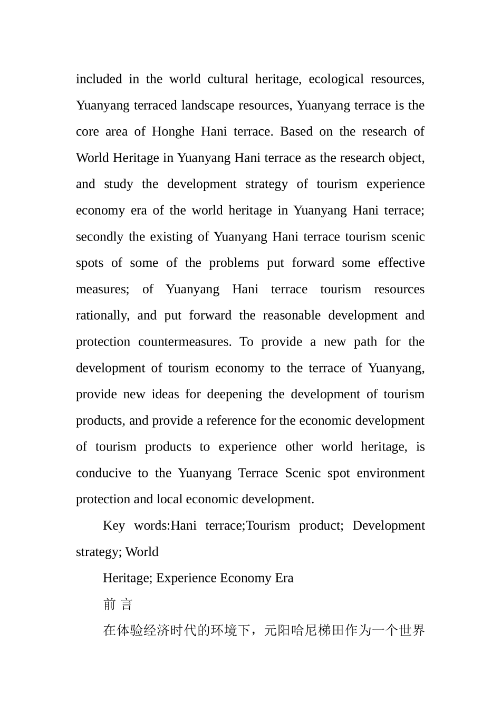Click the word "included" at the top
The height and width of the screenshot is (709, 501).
pyautogui.click(x=99, y=79)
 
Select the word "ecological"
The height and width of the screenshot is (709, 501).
pyautogui.click(x=336, y=79)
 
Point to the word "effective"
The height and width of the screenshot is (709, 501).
pyautogui.click(x=401, y=263)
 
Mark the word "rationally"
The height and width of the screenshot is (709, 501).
pyautogui.click(x=102, y=316)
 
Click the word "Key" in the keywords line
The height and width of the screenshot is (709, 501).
pyautogui.click(x=113, y=526)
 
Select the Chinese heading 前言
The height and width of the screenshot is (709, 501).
pyautogui.click(x=118, y=605)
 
